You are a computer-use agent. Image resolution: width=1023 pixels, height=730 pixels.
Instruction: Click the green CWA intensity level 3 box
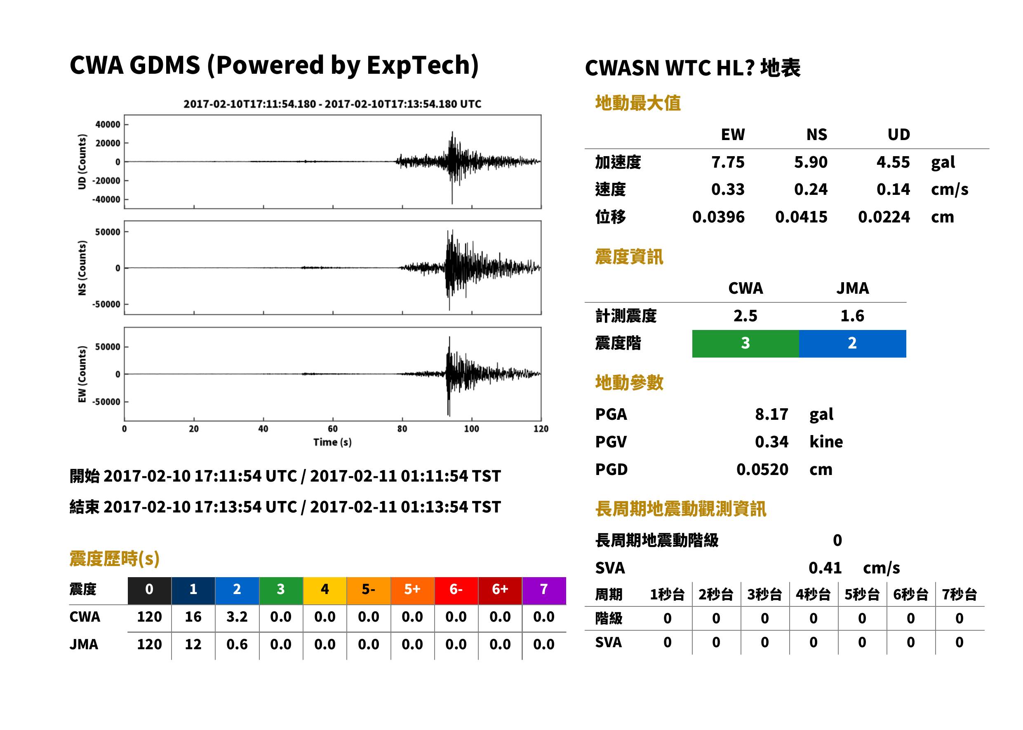coord(745,344)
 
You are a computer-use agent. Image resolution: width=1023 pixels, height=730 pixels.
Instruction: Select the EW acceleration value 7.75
coord(727,162)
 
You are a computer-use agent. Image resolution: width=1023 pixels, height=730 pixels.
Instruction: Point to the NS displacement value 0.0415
coord(801,217)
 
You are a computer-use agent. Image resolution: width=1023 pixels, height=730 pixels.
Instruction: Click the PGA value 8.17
coord(771,414)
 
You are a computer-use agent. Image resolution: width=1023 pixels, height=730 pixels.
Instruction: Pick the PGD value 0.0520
coord(762,469)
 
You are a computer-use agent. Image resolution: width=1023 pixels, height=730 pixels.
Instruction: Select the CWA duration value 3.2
coord(237,617)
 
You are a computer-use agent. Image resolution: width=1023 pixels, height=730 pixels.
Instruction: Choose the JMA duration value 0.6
coord(237,644)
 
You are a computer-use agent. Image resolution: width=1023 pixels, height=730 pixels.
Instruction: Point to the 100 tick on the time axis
coord(471,429)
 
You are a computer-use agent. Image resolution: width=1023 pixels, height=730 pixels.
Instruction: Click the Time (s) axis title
coord(332,442)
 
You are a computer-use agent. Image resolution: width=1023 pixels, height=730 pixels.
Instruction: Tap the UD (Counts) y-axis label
coord(82,162)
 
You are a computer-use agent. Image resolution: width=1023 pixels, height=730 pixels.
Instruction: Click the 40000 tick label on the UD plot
coord(108,124)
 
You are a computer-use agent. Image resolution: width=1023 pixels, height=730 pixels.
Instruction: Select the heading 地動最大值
coord(637,103)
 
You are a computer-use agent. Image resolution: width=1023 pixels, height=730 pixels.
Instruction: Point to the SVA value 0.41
coord(825,568)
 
